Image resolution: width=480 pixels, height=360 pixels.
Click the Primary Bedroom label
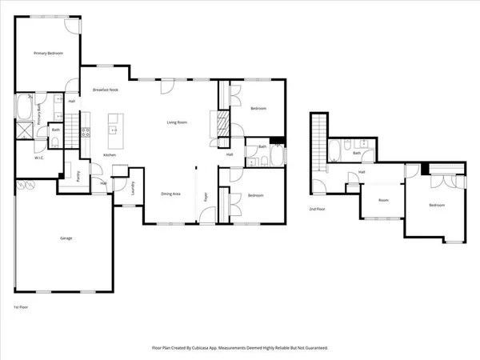[49, 54]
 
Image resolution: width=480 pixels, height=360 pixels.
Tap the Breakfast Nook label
[106, 90]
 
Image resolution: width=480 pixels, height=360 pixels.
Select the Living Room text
[177, 122]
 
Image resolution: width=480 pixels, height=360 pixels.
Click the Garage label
[66, 238]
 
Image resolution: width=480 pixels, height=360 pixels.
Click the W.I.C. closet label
[38, 158]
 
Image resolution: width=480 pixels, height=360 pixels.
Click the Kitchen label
[110, 154]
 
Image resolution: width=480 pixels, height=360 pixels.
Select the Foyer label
[206, 194]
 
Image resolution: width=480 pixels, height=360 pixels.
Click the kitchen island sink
[114, 129]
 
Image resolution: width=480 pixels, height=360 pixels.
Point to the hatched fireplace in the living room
[213, 124]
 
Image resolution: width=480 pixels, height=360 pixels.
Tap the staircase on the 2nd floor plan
[321, 139]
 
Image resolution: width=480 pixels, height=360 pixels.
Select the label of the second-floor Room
[383, 201]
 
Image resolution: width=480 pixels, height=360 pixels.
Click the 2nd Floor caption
[318, 209]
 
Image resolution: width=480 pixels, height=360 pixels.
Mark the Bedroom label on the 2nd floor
[436, 206]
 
